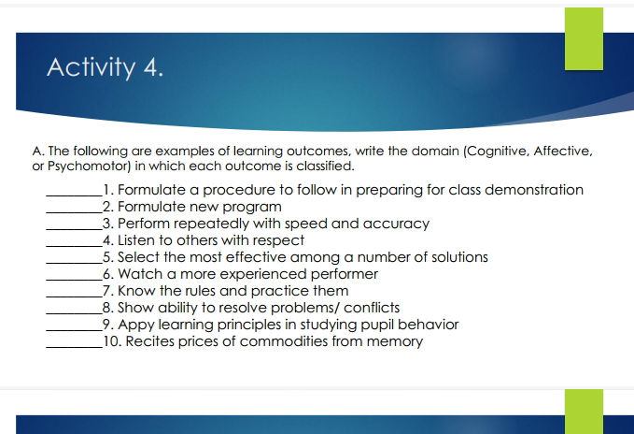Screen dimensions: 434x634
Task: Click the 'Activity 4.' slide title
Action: click(x=105, y=68)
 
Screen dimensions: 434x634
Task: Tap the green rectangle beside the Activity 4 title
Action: click(x=584, y=38)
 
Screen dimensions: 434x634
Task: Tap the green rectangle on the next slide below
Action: click(x=584, y=412)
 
